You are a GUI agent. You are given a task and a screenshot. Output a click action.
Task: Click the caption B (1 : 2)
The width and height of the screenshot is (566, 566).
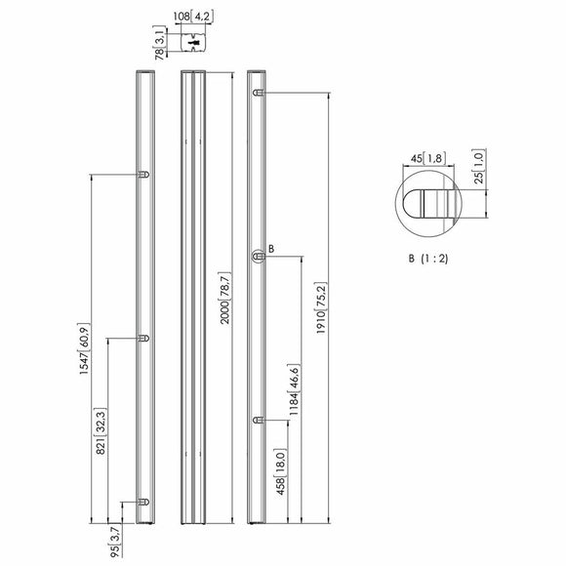coord(428,259)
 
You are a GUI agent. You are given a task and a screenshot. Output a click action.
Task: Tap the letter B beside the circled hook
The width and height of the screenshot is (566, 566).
coord(271,249)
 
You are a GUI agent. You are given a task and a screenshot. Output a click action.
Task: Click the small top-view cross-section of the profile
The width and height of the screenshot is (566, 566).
coord(193,43)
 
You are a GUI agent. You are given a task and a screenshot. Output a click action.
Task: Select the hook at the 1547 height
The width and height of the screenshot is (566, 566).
coord(143,175)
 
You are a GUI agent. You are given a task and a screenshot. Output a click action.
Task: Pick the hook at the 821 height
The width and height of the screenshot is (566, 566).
coord(143,339)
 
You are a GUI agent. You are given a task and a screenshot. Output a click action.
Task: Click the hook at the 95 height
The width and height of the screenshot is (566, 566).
coord(143,502)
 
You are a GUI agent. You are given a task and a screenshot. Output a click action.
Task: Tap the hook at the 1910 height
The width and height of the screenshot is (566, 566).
coord(259,93)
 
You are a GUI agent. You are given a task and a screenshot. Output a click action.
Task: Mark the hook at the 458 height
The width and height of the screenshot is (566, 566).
coord(259,421)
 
